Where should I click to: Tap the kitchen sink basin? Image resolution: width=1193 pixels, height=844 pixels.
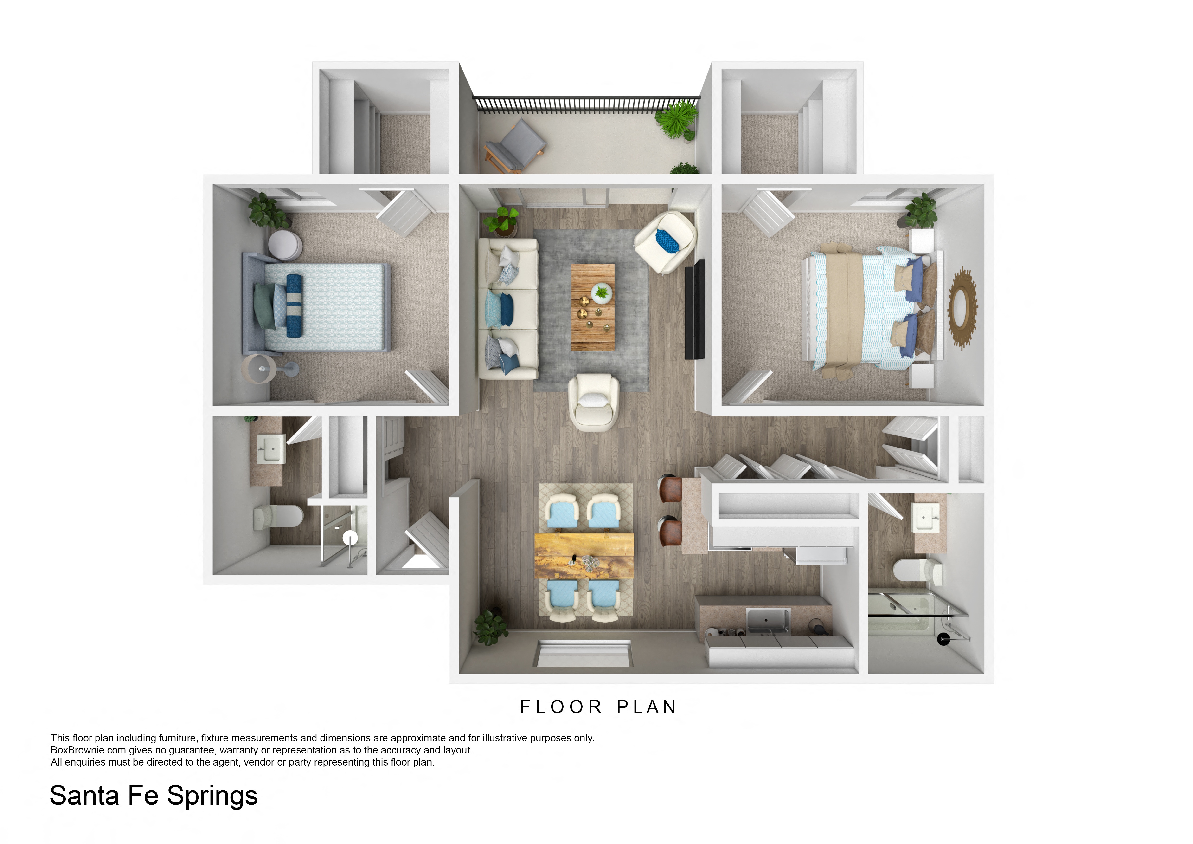click(x=767, y=620)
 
